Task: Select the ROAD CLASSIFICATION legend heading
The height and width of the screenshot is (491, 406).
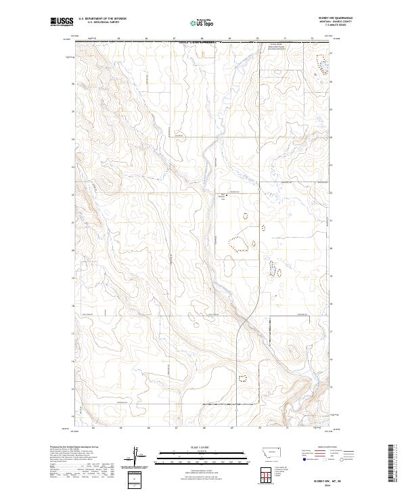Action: (328, 448)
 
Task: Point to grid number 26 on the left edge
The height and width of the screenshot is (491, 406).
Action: (72, 84)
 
